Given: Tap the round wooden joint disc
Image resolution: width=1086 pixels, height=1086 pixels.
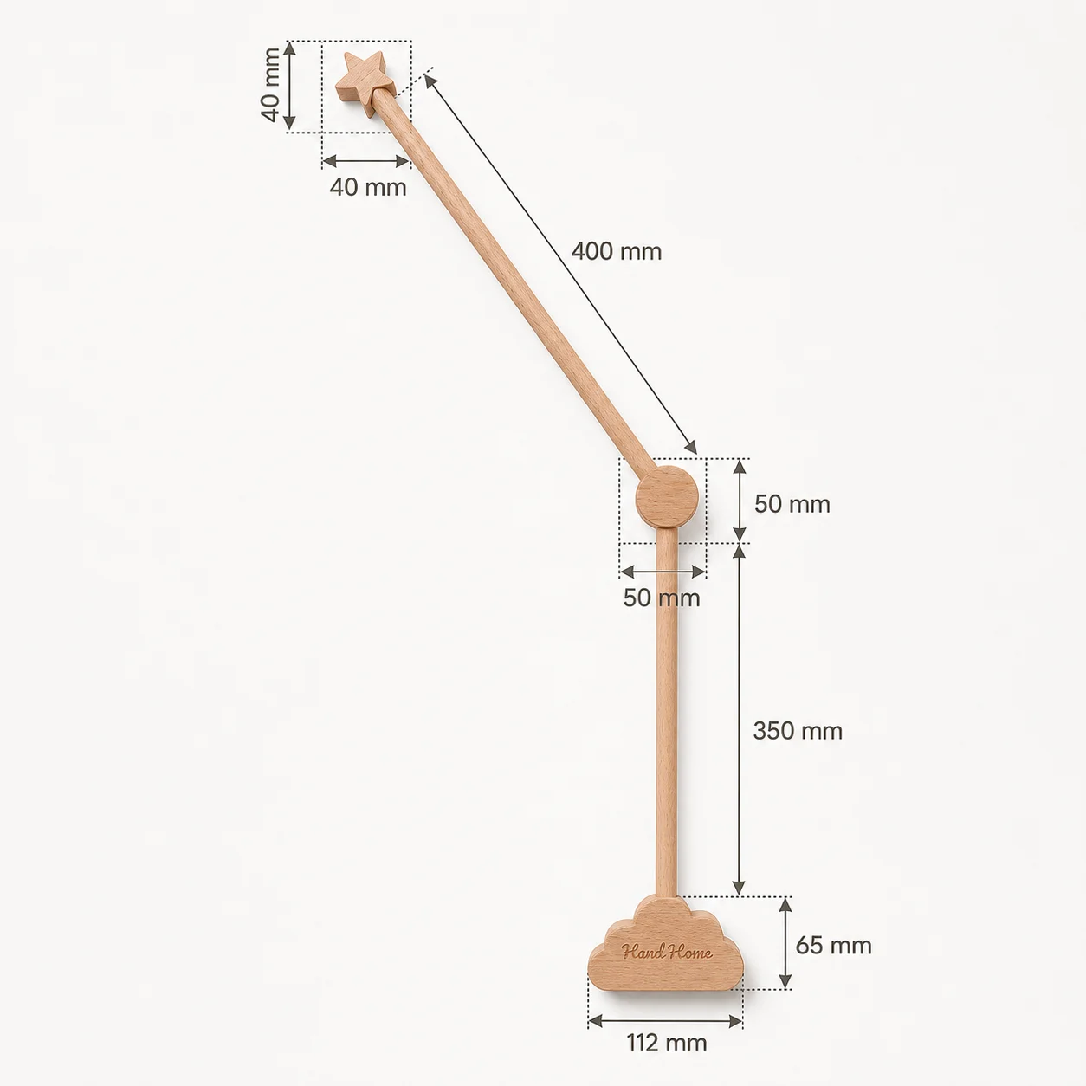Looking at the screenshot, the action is point(667,497).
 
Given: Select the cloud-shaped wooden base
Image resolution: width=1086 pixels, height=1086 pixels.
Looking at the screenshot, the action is point(666,943).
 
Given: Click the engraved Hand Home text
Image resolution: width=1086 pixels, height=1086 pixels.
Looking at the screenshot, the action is point(667,953).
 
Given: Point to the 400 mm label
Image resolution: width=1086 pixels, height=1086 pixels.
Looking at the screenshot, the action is point(617,251).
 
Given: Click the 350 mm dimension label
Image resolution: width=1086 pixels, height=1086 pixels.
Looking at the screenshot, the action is point(798,731).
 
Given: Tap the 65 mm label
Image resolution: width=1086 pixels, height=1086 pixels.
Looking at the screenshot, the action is point(833,945).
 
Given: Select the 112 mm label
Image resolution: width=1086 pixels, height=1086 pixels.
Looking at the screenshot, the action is point(667,1044).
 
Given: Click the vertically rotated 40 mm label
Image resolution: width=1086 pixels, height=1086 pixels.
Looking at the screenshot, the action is point(270,85).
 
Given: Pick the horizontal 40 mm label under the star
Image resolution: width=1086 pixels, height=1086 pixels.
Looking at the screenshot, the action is point(368,187).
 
